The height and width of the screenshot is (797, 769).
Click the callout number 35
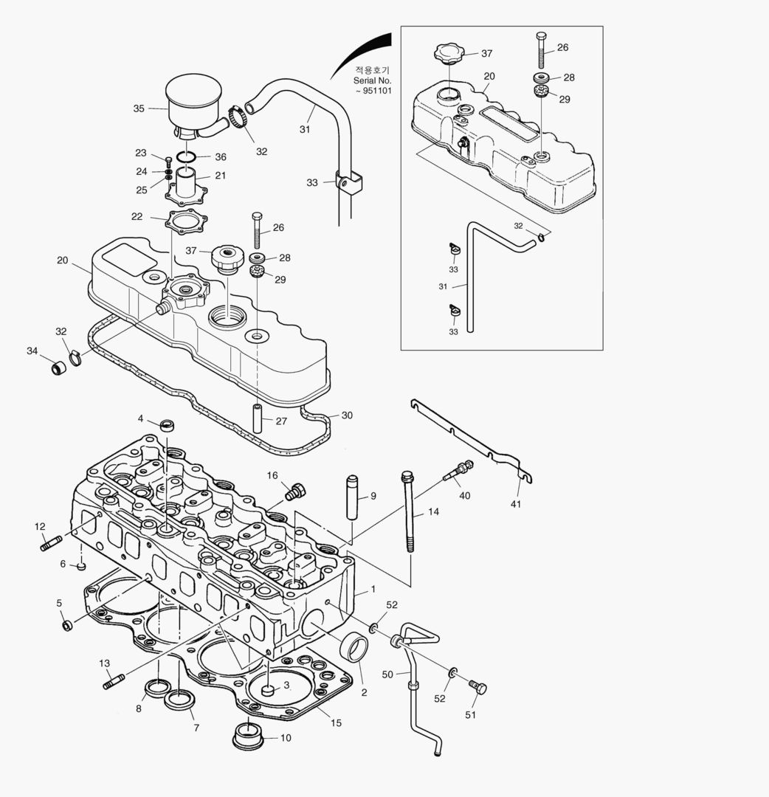point(139,108)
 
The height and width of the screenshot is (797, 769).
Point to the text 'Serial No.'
point(372,80)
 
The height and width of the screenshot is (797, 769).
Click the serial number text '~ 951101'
point(373,91)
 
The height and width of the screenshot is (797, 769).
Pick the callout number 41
point(516,504)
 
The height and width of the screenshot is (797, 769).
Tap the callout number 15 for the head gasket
point(336,723)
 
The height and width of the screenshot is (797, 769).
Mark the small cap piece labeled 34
point(58,367)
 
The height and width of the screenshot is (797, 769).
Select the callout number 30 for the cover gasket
point(347,415)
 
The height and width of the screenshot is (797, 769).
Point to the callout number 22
point(137,216)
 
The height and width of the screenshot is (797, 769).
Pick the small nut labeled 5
point(67,626)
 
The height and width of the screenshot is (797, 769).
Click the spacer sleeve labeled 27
point(258,419)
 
